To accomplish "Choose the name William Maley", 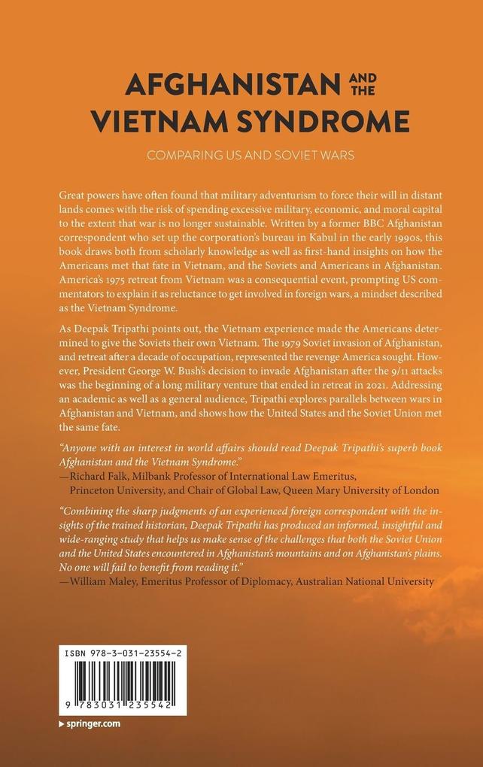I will [x=103, y=581].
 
